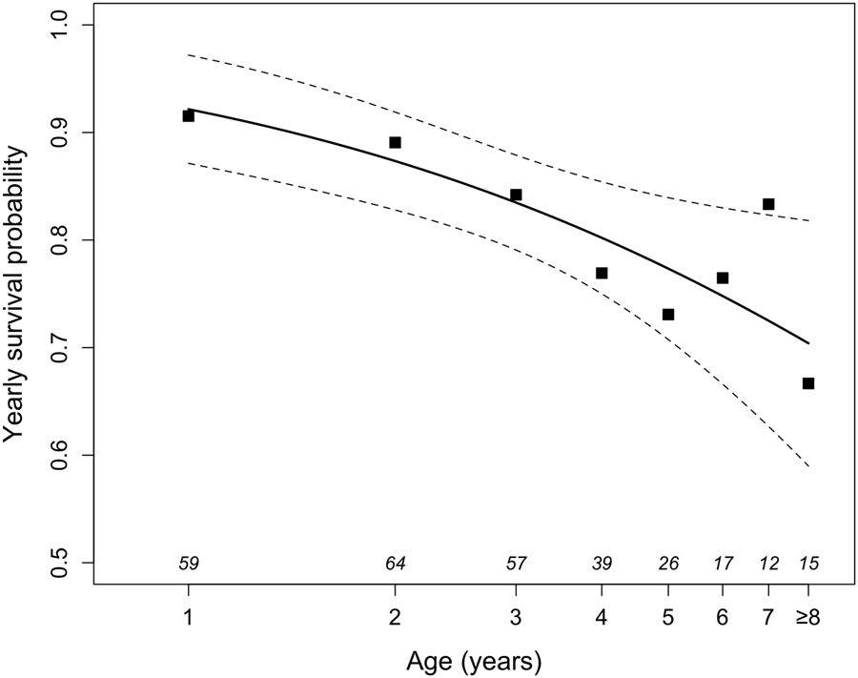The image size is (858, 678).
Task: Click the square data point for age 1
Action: (x=188, y=115)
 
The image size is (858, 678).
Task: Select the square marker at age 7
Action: (x=768, y=204)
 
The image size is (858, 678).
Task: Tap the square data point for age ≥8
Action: (x=808, y=383)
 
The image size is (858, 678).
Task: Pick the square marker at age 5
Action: (x=668, y=315)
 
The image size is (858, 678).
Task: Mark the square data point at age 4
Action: (x=602, y=273)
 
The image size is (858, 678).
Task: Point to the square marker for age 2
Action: (x=395, y=142)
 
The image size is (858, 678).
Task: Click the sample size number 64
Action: (x=395, y=564)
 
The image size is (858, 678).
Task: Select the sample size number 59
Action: (x=188, y=564)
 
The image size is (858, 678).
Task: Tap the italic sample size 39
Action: (x=602, y=564)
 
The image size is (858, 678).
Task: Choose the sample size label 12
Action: (x=768, y=564)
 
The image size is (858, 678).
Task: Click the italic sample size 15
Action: (x=809, y=564)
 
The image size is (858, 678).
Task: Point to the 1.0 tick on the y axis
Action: (x=66, y=24)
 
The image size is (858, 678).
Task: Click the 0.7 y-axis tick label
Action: (x=66, y=347)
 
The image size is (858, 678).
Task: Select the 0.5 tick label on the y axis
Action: (x=66, y=563)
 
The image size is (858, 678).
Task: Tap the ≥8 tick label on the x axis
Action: (x=808, y=618)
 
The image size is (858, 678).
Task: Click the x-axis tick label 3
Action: (x=516, y=618)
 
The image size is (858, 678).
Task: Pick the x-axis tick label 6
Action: (x=723, y=618)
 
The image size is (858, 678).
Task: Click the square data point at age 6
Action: (x=723, y=278)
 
